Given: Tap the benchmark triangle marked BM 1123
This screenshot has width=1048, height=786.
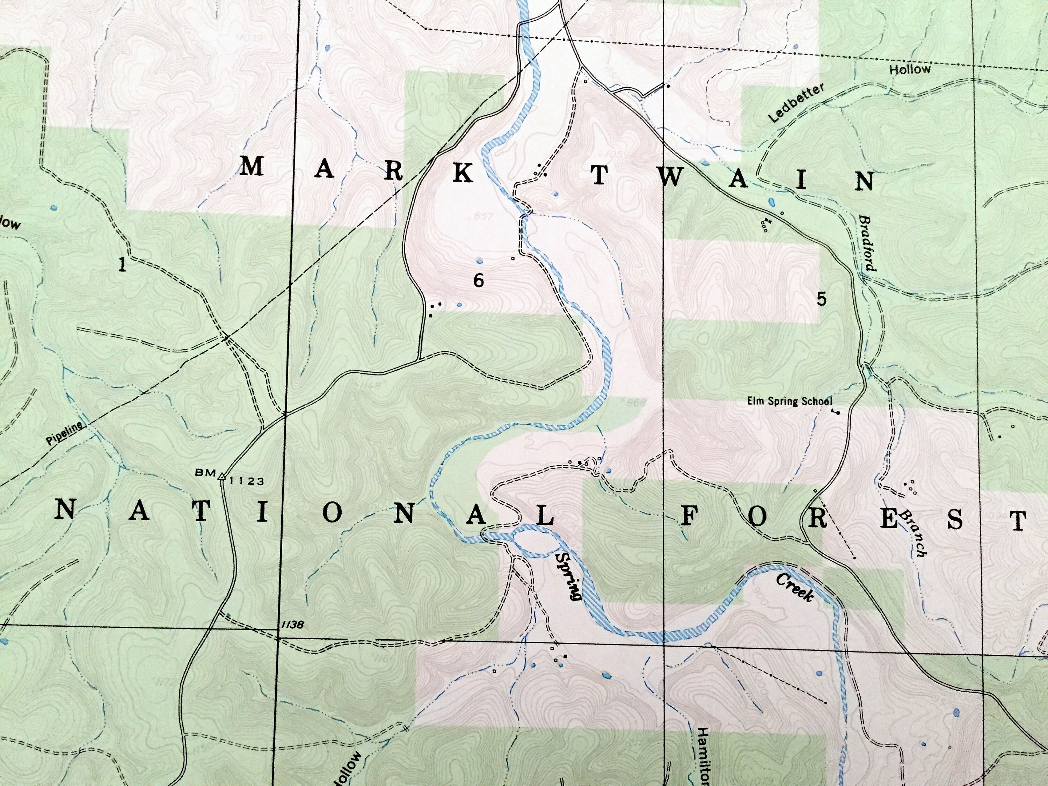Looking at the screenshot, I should click(x=221, y=477).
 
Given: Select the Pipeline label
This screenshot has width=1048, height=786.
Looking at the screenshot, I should click(x=64, y=434).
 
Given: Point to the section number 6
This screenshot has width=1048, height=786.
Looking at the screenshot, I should click(x=479, y=281).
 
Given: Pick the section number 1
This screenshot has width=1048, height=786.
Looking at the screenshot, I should click(x=122, y=264).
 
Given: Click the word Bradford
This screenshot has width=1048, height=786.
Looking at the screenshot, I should click(x=867, y=243).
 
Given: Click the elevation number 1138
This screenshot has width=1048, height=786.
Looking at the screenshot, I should click(x=292, y=625).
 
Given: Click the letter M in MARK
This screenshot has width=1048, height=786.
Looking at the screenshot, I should click(x=251, y=167).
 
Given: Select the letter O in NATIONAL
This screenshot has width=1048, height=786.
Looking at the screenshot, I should click(x=332, y=514).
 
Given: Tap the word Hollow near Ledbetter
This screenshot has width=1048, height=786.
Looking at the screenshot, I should click(x=910, y=70).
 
